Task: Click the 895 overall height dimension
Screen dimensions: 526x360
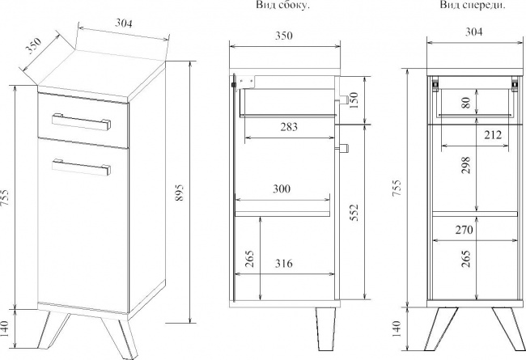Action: point(180,193)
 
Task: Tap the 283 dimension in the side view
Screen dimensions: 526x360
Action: point(289,127)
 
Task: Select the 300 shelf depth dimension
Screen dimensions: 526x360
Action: point(282,188)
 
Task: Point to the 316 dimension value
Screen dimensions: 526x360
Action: point(283,264)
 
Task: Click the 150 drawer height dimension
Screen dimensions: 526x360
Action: point(354,100)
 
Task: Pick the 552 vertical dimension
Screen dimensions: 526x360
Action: point(354,212)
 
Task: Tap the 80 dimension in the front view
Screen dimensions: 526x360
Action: point(466,102)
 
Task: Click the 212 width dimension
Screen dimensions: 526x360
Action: point(493,135)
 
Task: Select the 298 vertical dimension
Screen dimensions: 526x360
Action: point(466,165)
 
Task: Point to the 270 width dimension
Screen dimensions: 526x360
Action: point(464,230)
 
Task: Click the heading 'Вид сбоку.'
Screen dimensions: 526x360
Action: point(282,5)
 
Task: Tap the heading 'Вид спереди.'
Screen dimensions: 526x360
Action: point(473,5)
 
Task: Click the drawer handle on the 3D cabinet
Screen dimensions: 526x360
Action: point(82,121)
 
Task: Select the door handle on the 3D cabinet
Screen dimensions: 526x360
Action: point(82,167)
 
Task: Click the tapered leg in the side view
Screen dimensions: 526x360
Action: point(325,329)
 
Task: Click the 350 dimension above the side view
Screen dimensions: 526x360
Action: point(284,36)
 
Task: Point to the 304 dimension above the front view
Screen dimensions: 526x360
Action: point(474,32)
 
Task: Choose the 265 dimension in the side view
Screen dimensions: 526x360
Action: point(250,259)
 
